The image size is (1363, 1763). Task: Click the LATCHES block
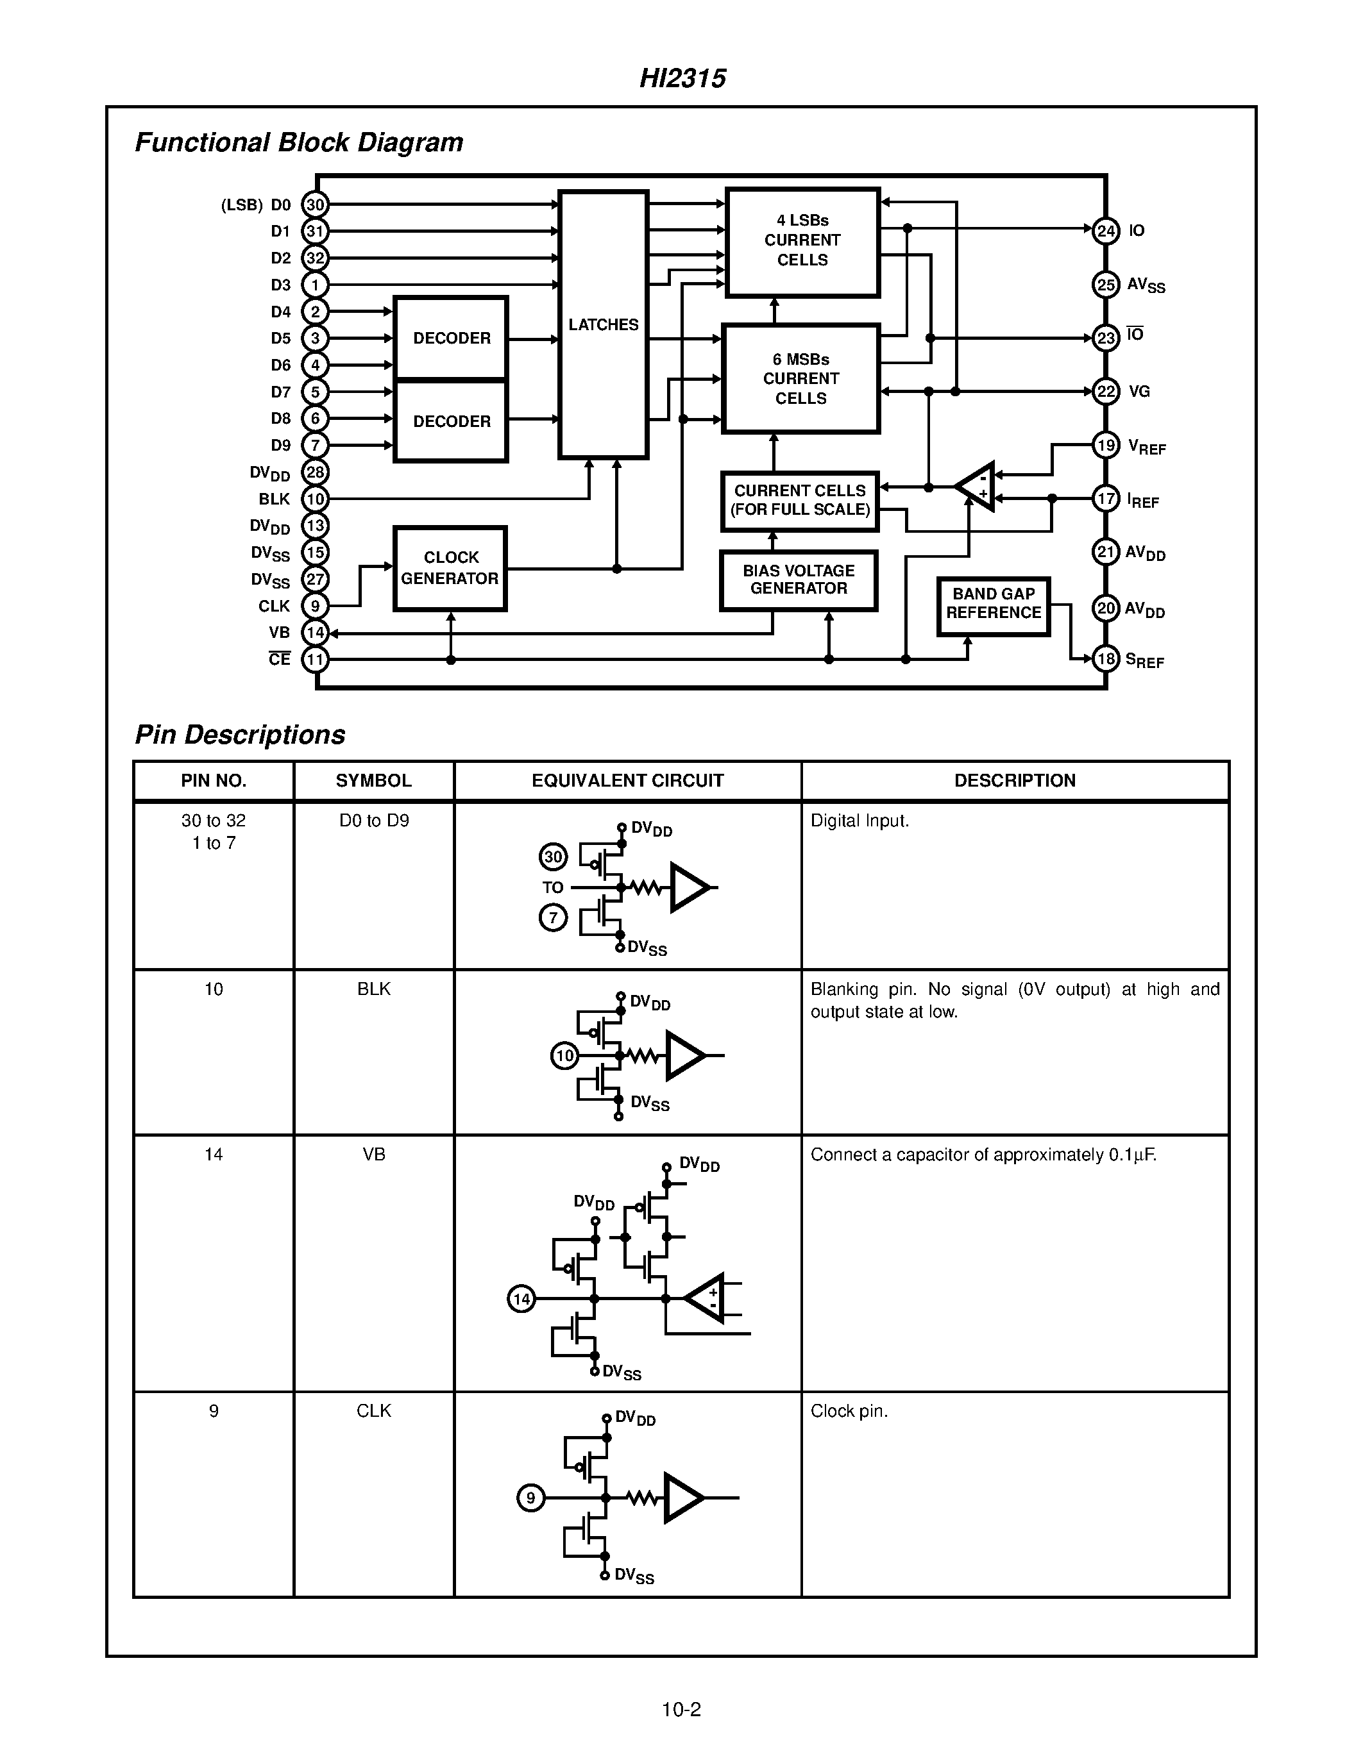603,324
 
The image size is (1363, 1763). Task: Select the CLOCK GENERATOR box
450,568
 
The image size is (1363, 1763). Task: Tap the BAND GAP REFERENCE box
993,603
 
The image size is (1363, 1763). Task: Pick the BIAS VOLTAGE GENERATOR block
798,580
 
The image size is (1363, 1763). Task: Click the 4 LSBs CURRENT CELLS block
802,240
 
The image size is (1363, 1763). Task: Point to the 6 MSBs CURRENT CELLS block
800,379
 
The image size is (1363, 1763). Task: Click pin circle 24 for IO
1105,231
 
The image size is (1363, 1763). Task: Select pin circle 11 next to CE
315,660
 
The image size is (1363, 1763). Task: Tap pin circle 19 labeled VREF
1105,445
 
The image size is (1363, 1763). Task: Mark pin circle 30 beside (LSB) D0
315,205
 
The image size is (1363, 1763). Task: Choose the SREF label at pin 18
1145,660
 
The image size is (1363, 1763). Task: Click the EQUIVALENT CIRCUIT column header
627,781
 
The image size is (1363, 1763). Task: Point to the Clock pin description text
849,1411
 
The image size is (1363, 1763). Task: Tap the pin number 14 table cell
213,1155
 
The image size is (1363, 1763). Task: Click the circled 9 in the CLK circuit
530,1498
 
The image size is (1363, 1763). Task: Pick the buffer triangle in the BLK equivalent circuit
683,1055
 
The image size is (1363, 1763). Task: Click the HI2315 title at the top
682,78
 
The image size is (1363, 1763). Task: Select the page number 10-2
681,1709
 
